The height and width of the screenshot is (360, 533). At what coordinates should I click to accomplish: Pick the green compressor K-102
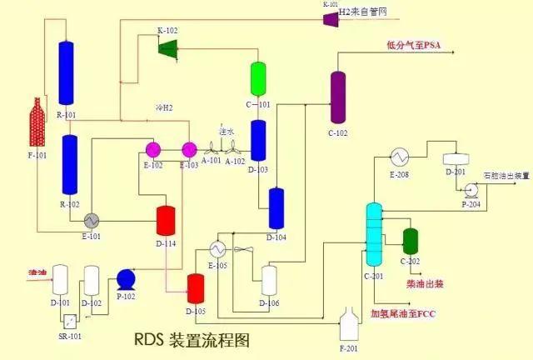[169, 47]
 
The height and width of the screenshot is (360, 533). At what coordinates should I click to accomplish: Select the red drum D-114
[166, 220]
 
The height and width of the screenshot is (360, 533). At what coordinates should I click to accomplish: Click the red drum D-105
[196, 288]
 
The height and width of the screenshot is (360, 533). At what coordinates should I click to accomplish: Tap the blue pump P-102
[127, 278]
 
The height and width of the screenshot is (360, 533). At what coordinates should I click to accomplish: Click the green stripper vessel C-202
[410, 241]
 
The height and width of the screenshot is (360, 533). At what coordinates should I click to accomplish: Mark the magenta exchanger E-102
[154, 150]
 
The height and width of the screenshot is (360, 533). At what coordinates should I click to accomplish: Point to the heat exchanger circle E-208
[399, 157]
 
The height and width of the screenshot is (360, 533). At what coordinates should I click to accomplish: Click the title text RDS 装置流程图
[191, 340]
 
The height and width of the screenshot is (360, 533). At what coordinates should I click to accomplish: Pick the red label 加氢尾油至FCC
[403, 313]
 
